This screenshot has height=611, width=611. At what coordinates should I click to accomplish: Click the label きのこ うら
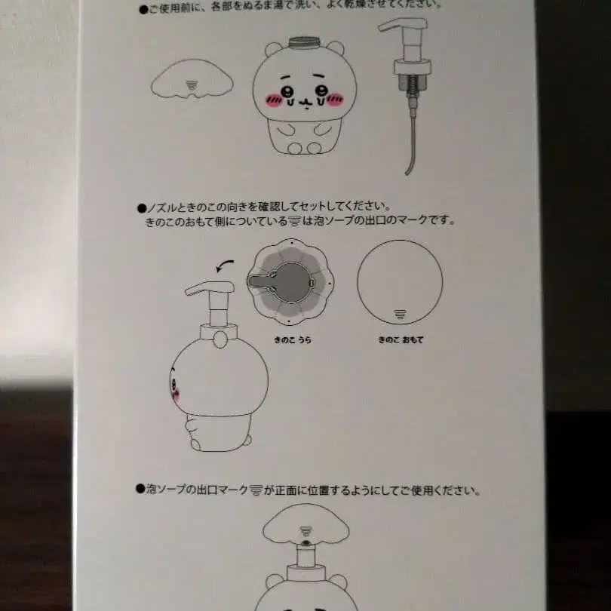coord(292,340)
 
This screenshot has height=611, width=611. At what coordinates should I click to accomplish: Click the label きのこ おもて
coord(401,340)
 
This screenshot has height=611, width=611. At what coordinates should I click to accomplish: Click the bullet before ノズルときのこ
coord(140,206)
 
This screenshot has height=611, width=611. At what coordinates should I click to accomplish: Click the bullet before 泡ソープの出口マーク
coord(140,490)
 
